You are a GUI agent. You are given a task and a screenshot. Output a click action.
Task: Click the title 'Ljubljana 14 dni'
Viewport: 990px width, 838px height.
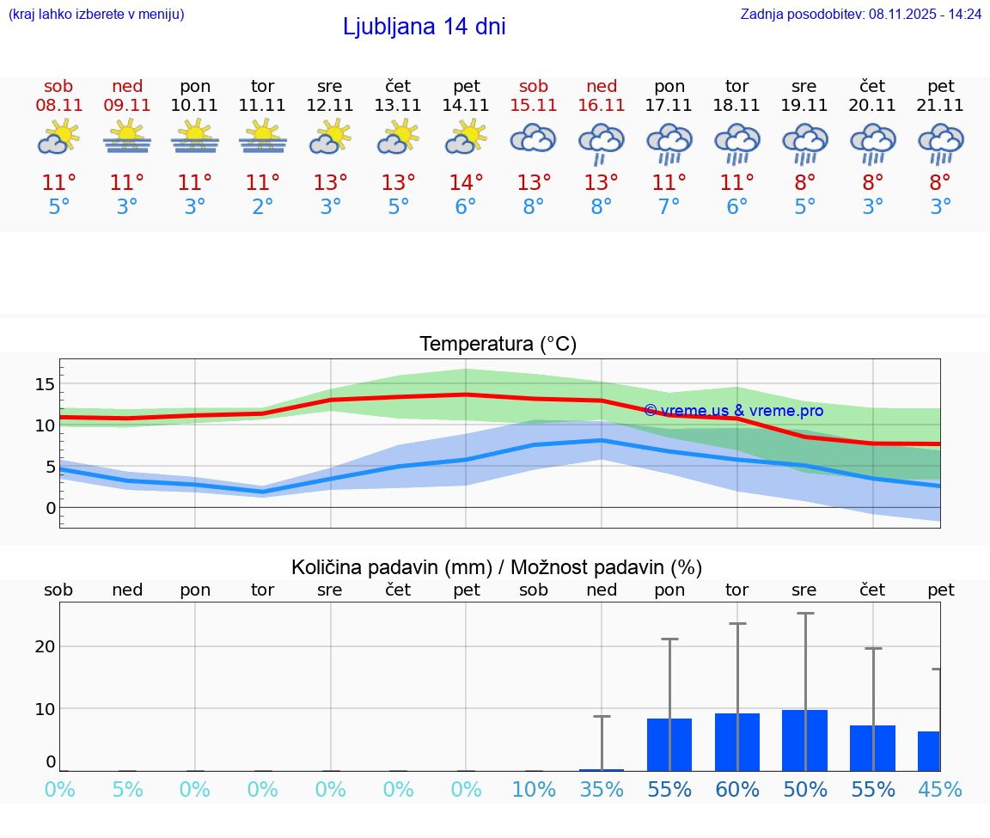424,27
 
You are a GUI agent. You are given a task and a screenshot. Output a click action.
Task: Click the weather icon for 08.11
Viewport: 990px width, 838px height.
58,138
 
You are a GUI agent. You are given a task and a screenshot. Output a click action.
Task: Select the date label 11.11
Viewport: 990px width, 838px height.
262,105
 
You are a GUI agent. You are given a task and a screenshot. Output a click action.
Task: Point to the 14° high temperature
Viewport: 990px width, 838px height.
466,182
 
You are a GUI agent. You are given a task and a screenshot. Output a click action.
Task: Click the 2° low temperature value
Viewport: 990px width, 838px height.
262,207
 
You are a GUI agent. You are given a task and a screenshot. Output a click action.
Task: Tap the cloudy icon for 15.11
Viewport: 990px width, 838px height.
534,138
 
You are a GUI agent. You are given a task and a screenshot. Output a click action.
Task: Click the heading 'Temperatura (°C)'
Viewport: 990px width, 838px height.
498,344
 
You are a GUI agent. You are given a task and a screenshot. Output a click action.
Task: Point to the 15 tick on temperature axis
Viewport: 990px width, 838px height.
46,383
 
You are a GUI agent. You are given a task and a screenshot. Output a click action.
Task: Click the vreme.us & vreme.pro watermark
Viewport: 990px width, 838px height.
733,411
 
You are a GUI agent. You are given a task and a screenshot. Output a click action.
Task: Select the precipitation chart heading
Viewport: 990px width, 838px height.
496,567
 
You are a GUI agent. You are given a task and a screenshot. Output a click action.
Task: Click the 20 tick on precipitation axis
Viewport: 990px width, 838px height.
46,646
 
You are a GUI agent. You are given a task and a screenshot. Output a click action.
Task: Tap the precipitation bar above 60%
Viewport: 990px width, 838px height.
737,742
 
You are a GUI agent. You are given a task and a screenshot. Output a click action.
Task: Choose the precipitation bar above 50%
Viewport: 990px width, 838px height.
804,740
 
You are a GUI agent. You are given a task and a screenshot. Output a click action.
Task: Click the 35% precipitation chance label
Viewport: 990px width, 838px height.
602,789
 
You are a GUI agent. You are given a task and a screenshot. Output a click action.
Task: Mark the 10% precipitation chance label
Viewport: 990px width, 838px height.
534,789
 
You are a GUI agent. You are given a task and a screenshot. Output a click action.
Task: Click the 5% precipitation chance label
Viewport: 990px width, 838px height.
127,789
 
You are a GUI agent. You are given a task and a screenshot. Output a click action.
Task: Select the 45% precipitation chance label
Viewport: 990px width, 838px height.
940,789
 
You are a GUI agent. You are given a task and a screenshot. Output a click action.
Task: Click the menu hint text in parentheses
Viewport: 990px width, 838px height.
96,14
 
